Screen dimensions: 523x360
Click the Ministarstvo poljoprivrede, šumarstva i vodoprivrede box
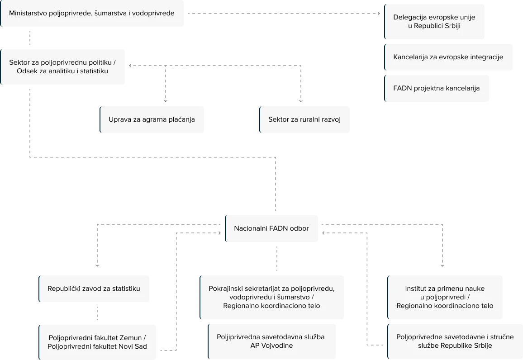coord(92,13)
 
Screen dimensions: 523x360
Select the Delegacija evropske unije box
coord(434,22)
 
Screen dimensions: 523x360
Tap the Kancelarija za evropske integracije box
coord(448,57)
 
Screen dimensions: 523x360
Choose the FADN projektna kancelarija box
coord(437,88)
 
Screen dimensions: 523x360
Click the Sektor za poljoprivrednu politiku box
coord(63,66)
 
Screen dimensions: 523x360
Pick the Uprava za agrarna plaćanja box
coord(152,119)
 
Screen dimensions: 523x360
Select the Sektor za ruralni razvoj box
coord(304,119)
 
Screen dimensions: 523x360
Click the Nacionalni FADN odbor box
coord(271,228)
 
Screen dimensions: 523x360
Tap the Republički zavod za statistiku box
coord(94,289)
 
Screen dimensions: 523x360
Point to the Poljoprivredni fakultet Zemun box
coord(97,342)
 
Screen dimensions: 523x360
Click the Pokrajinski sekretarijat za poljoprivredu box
coord(272,297)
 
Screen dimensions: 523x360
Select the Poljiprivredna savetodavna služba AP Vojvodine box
coord(272,341)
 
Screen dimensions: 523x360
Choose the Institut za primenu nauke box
coord(445,297)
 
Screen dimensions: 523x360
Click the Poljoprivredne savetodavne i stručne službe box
coord(455,341)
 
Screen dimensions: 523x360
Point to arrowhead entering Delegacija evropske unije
coord(379,14)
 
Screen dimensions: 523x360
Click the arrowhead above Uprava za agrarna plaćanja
coord(166,101)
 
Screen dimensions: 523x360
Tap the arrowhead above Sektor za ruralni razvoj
coord(301,101)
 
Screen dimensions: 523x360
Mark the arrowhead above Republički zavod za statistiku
coord(97,265)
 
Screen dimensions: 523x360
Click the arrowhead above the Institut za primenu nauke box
coord(442,265)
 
